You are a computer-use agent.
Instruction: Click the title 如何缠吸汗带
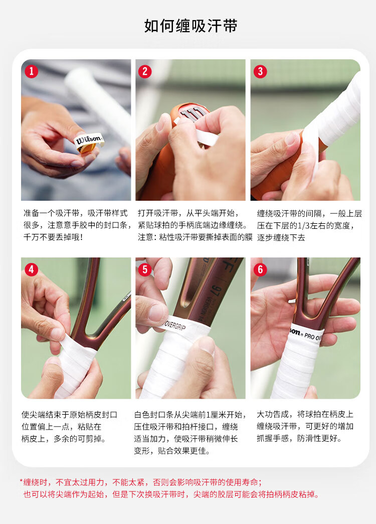(191, 26)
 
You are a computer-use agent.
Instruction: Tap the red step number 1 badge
(32, 71)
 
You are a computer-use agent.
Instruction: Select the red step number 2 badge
(145, 71)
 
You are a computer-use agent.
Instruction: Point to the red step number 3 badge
(260, 71)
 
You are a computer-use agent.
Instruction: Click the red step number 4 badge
(32, 270)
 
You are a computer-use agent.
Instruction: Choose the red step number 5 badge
(145, 270)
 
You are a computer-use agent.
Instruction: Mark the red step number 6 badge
(260, 270)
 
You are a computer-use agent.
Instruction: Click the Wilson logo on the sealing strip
(89, 139)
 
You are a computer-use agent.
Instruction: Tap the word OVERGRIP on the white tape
(175, 326)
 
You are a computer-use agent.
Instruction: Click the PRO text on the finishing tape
(309, 336)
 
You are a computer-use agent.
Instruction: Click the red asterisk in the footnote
(22, 481)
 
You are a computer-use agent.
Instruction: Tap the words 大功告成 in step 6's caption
(273, 415)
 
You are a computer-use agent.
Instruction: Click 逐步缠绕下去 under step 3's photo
(281, 237)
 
